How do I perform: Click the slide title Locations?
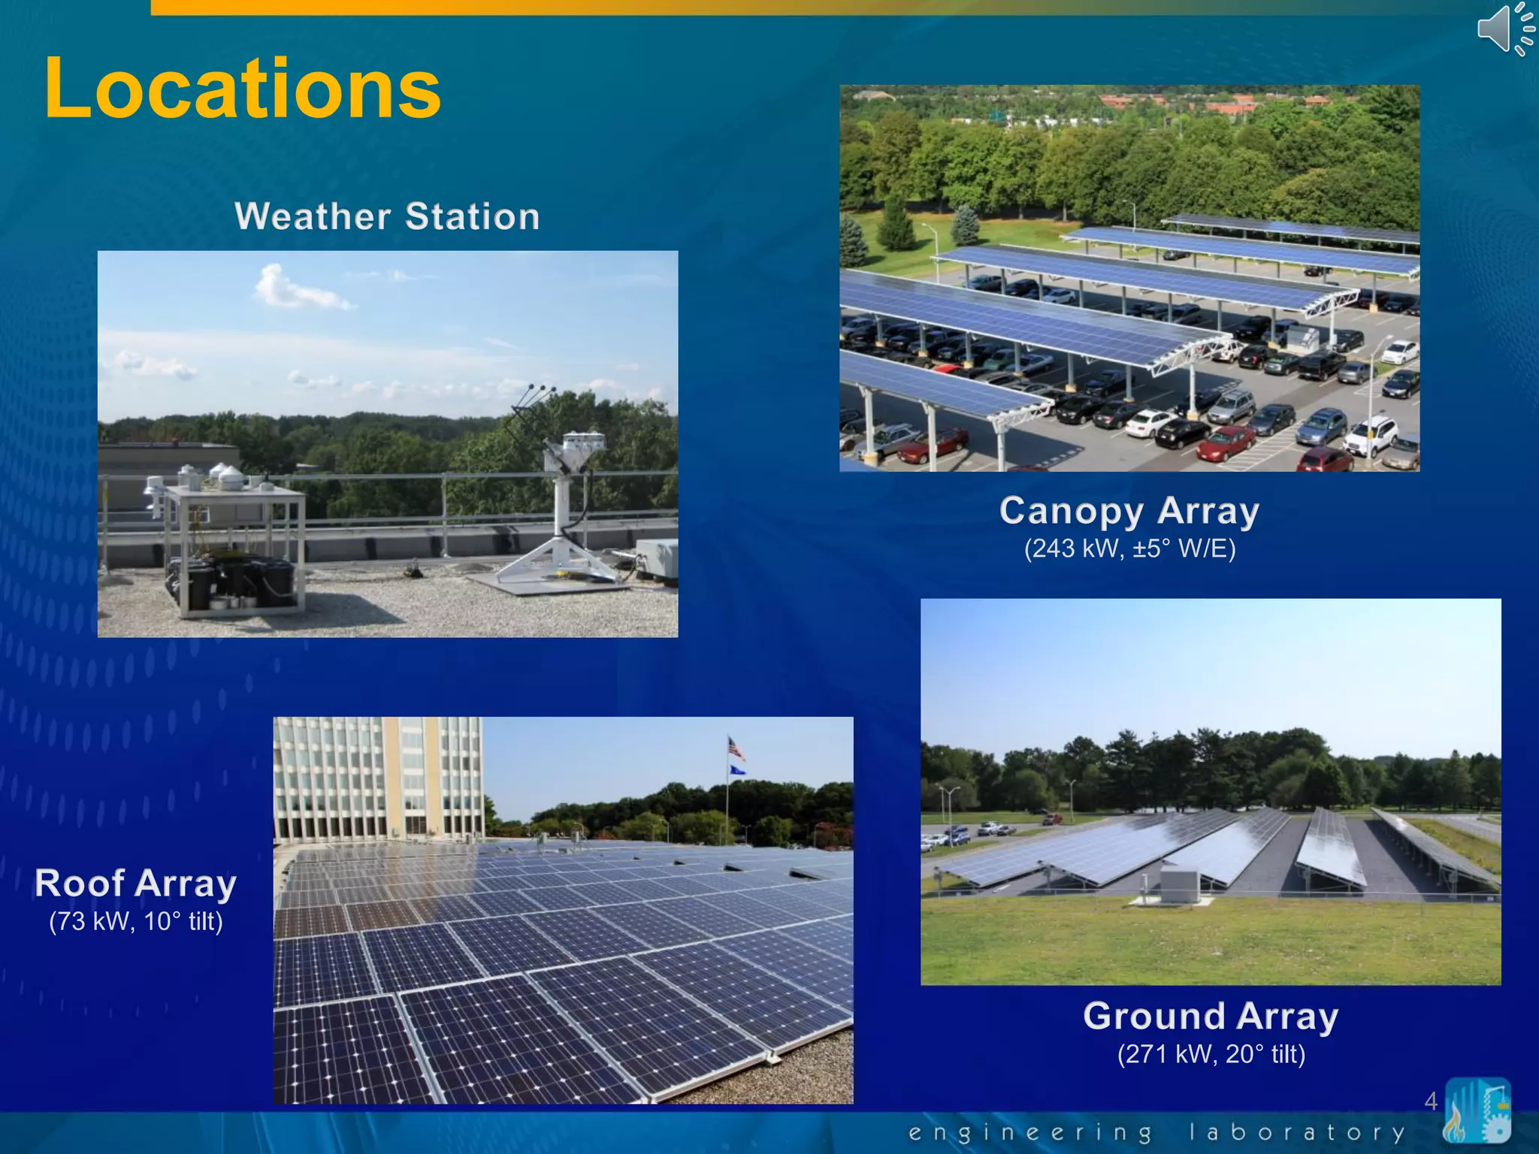click(242, 89)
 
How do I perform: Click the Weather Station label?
click(387, 216)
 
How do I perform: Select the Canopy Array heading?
click(1129, 511)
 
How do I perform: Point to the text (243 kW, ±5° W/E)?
click(1129, 548)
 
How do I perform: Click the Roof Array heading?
click(135, 883)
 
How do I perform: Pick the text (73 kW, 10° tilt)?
click(135, 921)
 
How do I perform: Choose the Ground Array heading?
click(1210, 1016)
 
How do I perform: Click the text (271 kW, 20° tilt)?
click(1210, 1054)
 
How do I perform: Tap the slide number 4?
click(1430, 1101)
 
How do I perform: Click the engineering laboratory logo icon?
click(1477, 1110)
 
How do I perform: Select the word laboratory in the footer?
click(1296, 1131)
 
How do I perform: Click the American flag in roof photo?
click(735, 748)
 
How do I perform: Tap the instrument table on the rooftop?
click(233, 541)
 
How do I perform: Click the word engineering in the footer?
click(1030, 1131)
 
